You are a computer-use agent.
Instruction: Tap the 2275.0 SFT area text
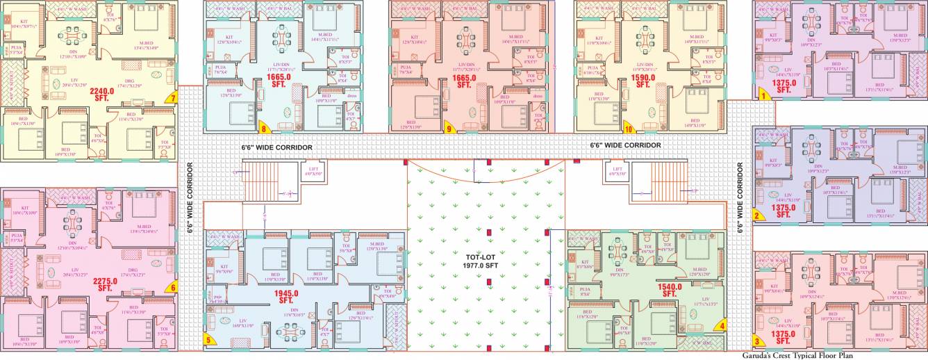click(x=105, y=284)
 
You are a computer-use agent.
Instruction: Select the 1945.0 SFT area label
click(x=285, y=297)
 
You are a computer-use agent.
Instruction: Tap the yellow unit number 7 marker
click(x=172, y=97)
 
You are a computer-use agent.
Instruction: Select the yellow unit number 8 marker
click(x=264, y=127)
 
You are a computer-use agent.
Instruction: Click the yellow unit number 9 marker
click(x=449, y=128)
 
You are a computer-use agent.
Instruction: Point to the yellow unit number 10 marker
click(x=629, y=128)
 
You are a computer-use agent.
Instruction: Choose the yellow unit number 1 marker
click(x=763, y=96)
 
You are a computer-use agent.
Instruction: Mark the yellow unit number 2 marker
click(x=758, y=215)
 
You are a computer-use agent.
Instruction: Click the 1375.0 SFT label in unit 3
click(x=783, y=337)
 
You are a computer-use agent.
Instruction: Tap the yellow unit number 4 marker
click(x=722, y=324)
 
